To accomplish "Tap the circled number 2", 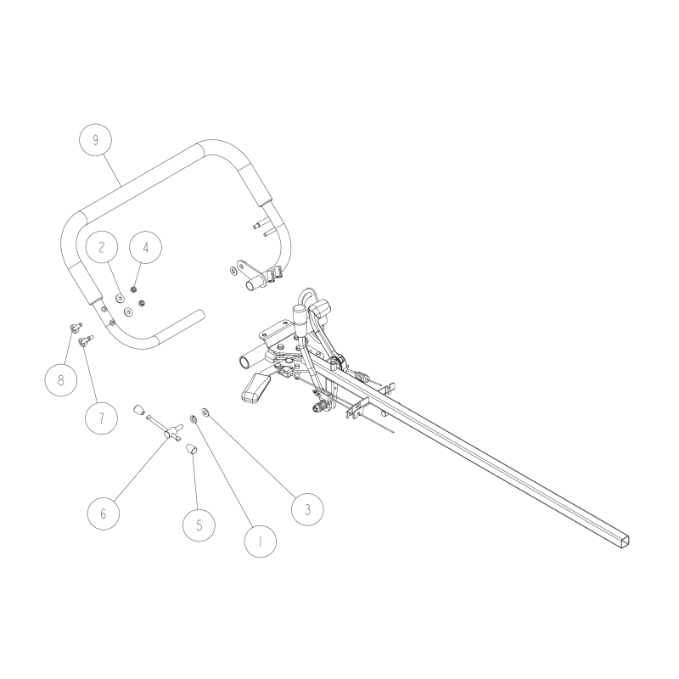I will click(x=102, y=248).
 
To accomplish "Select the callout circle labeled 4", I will click(x=145, y=248).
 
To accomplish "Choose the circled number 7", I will click(x=101, y=418).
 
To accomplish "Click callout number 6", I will click(x=104, y=513).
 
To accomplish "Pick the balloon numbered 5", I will click(x=199, y=524).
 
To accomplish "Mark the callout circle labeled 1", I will click(x=260, y=538).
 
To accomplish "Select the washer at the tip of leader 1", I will click(x=194, y=418).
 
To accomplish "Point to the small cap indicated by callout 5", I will click(x=193, y=448).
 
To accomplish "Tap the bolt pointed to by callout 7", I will click(x=85, y=341).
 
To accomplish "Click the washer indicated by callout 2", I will click(x=120, y=298).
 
